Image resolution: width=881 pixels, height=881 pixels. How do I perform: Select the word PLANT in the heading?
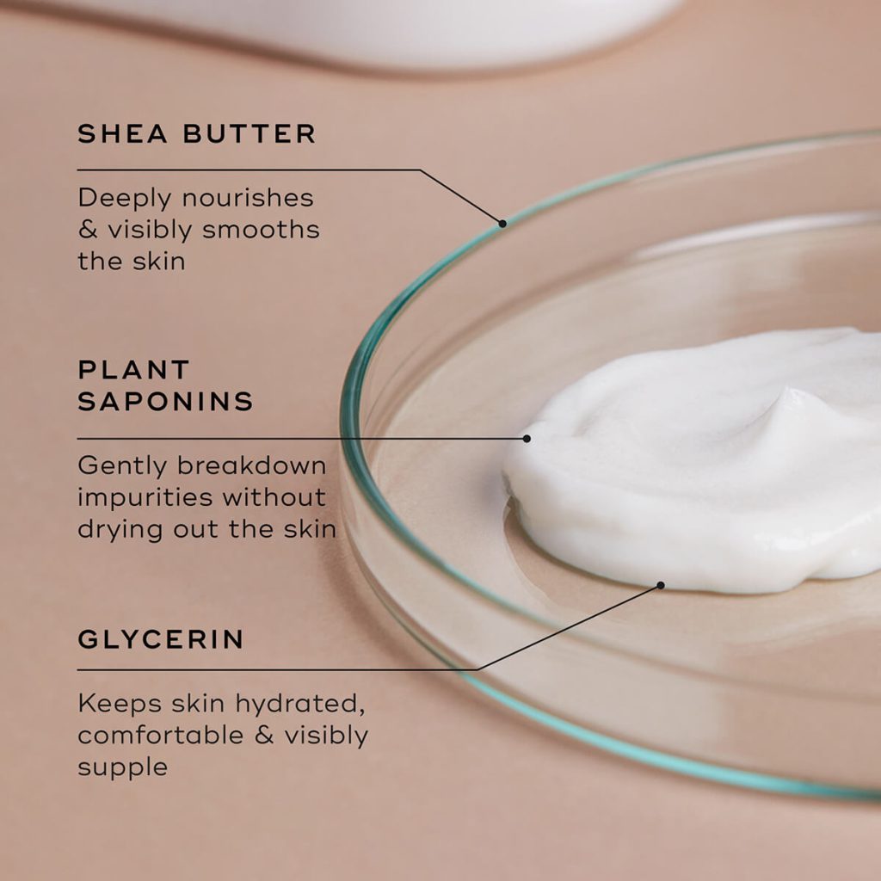(x=133, y=370)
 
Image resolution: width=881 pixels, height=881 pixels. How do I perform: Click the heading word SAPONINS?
(x=165, y=402)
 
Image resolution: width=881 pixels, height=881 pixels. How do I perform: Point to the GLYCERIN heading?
(x=161, y=639)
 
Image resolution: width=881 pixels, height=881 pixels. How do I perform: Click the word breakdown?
(x=252, y=465)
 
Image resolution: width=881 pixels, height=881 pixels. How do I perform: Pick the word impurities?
(x=145, y=497)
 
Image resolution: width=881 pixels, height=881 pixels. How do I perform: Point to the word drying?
(x=120, y=529)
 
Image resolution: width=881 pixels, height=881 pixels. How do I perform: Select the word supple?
(x=122, y=767)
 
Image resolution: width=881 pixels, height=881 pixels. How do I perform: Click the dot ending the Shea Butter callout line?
(x=502, y=223)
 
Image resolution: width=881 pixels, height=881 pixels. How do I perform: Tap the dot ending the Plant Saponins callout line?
(x=527, y=438)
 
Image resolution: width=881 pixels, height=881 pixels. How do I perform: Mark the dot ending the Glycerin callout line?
(x=661, y=585)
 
